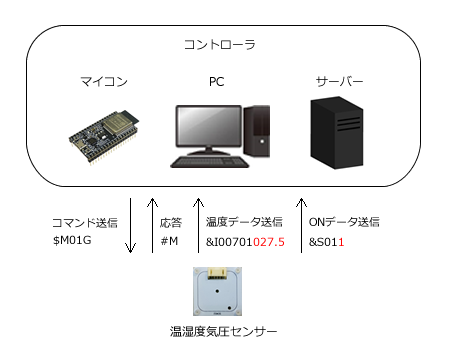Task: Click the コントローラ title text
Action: coord(224,47)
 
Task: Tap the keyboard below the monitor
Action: coord(211,161)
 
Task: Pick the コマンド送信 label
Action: coord(84,222)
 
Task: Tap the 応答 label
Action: coord(171,222)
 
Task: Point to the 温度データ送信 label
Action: coord(244,222)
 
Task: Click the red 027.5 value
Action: coord(269,241)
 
